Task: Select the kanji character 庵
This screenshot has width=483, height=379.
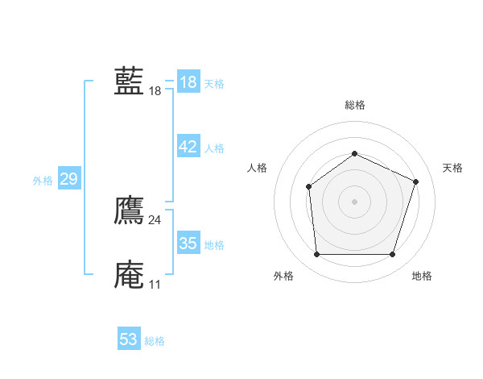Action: click(x=129, y=274)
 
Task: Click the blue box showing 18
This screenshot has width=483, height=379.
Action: click(x=188, y=82)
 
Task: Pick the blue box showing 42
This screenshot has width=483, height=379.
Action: click(x=188, y=147)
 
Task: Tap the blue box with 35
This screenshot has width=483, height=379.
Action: click(x=188, y=244)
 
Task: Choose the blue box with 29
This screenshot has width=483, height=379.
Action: click(x=68, y=179)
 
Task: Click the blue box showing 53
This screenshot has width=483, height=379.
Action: click(x=129, y=339)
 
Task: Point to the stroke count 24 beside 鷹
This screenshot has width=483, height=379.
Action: click(x=155, y=220)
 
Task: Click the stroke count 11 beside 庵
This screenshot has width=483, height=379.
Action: click(x=155, y=285)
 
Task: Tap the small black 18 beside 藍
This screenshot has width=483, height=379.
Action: click(x=155, y=92)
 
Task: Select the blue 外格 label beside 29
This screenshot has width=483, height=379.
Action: click(x=43, y=181)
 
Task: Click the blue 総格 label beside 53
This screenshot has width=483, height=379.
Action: click(x=155, y=341)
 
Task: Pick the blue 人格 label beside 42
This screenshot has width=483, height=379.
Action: click(x=214, y=148)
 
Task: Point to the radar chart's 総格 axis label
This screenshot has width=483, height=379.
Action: click(x=355, y=105)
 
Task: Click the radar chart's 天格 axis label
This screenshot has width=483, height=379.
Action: click(x=453, y=168)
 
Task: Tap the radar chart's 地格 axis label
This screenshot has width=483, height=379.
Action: click(x=422, y=277)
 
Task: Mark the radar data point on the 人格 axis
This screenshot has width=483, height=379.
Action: click(x=309, y=187)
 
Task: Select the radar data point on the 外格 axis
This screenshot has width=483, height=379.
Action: click(x=316, y=255)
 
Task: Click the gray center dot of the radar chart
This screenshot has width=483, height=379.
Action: click(x=354, y=202)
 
